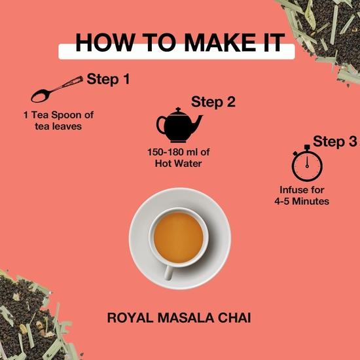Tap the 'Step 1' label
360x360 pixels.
coord(108,80)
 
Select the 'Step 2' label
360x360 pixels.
coord(213,102)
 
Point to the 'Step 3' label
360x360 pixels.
coord(335,141)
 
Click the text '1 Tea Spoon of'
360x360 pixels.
coord(58,115)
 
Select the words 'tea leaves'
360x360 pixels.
coord(58,126)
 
